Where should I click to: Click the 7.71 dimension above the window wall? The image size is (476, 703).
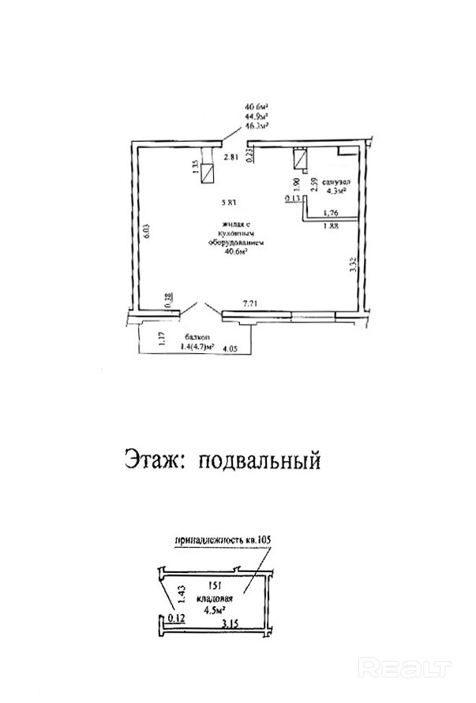[x=252, y=303]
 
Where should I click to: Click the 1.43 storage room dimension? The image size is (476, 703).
[x=182, y=593]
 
